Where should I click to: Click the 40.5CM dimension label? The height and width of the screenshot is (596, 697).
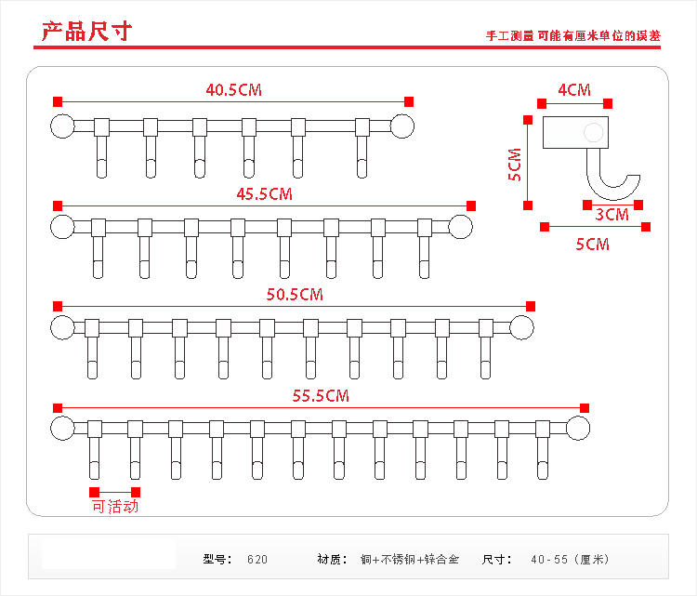click(x=234, y=90)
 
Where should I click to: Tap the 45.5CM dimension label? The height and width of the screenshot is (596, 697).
click(x=265, y=194)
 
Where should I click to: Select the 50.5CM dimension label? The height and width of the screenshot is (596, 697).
click(x=295, y=295)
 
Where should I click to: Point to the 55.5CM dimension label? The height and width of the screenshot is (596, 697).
click(x=321, y=396)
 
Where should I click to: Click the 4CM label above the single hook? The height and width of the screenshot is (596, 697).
click(x=573, y=90)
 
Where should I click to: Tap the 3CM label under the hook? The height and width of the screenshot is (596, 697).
click(x=612, y=215)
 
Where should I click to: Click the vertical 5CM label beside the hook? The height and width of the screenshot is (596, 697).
click(x=515, y=164)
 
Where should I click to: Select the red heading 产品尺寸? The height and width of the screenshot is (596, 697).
click(x=86, y=32)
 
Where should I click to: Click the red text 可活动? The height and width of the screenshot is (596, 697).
click(x=115, y=507)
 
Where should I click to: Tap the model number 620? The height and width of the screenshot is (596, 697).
click(x=257, y=560)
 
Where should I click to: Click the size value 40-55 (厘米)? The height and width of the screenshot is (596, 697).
click(x=569, y=560)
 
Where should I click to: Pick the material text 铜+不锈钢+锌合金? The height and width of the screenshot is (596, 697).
click(x=410, y=560)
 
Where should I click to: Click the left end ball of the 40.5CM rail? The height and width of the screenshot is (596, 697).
click(x=61, y=126)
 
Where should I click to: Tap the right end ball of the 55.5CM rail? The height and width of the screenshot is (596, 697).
click(x=578, y=428)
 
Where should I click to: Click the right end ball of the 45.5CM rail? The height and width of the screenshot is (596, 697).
click(x=461, y=226)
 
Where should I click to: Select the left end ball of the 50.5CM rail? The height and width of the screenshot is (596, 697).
click(x=62, y=326)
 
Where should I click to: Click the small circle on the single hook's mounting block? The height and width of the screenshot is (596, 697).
click(x=593, y=133)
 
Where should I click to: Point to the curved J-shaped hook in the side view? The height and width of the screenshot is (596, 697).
click(x=613, y=181)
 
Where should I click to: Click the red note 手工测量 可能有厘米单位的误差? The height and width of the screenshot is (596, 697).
click(x=573, y=36)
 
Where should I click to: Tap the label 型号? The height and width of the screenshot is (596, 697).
click(x=217, y=560)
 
